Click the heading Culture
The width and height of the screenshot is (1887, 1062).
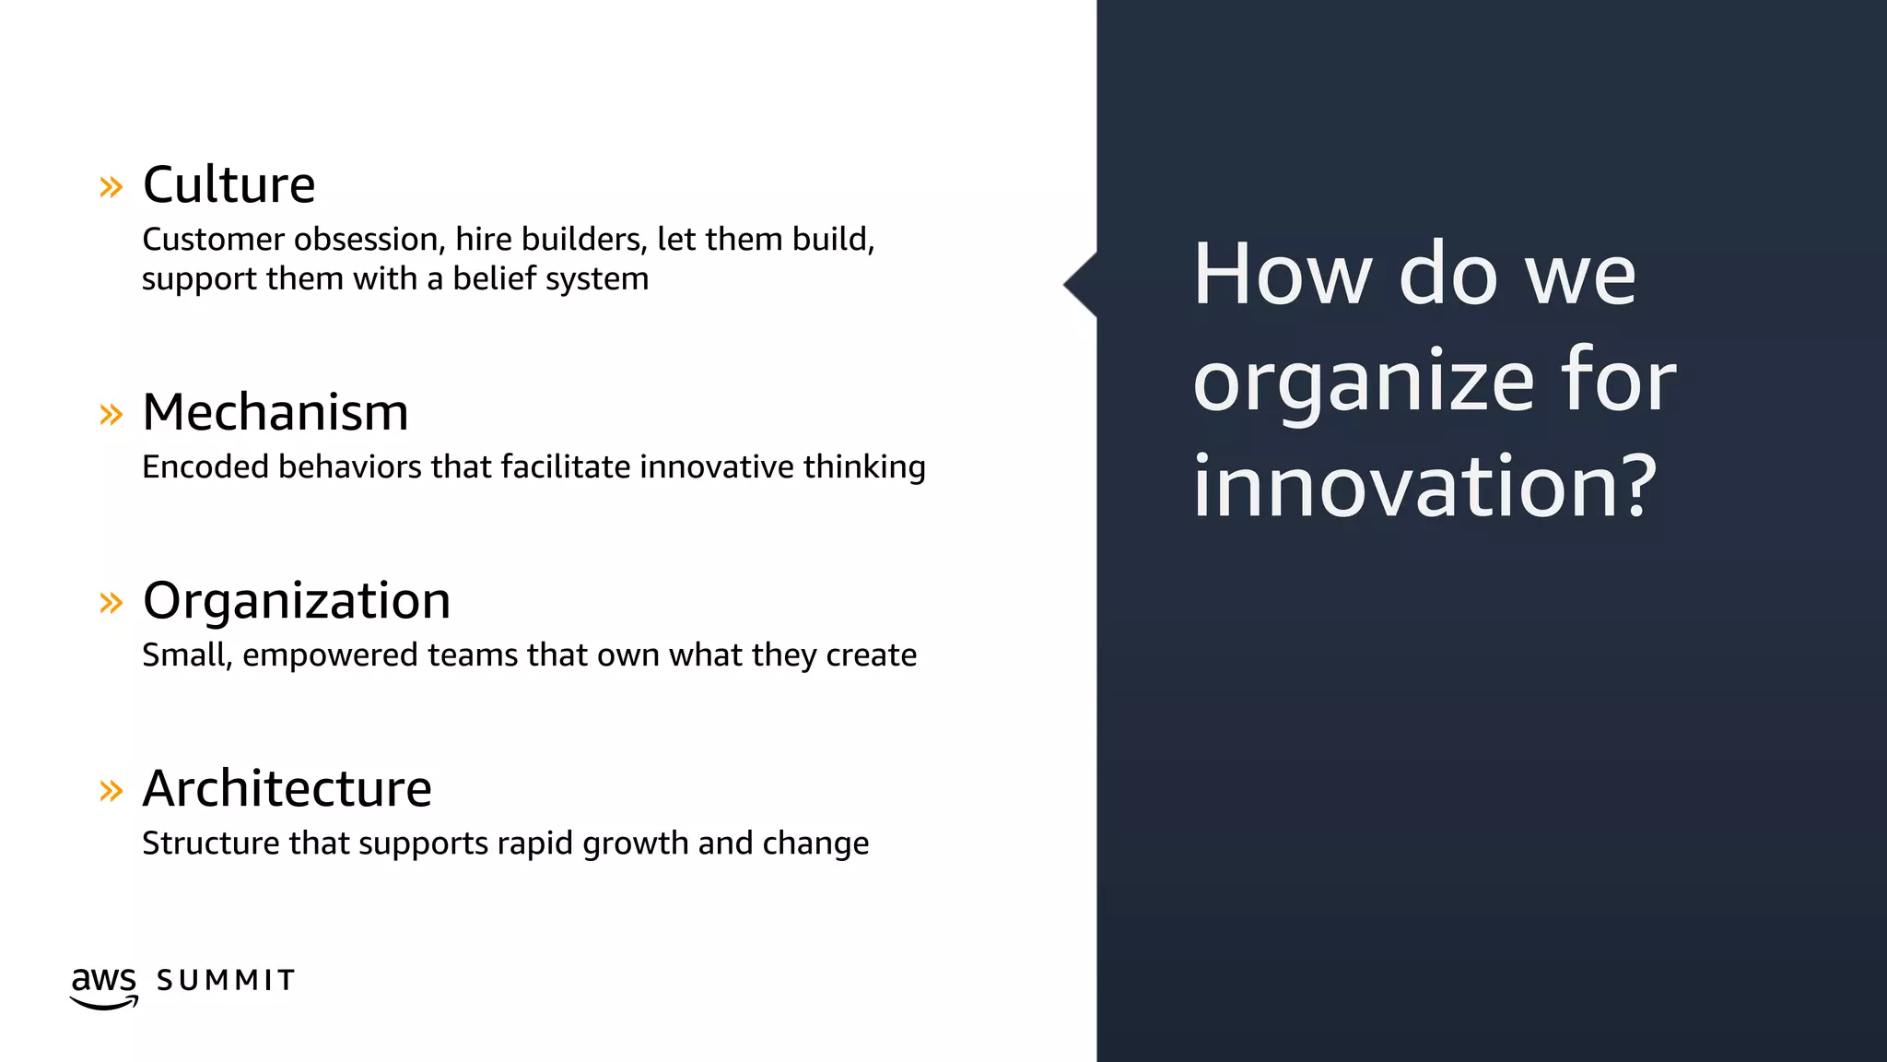[229, 184]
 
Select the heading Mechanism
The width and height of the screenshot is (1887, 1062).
[275, 412]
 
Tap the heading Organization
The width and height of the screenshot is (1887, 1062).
[297, 600]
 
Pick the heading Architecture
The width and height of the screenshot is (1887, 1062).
[287, 789]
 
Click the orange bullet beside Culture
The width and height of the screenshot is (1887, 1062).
[111, 187]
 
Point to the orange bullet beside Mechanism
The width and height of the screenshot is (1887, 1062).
[111, 414]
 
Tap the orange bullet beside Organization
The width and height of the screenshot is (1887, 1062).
[111, 603]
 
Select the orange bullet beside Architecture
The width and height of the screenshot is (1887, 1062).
[111, 790]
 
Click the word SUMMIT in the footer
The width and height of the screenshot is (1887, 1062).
[226, 980]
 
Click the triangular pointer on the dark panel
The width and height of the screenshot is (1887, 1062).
[1080, 285]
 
